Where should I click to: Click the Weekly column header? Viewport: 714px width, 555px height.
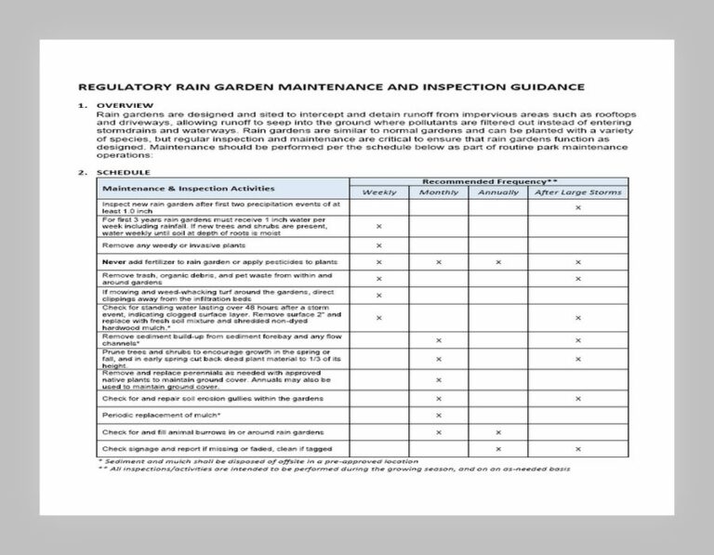(378, 192)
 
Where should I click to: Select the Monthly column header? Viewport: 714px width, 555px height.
(438, 192)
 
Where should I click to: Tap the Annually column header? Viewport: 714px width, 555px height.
(498, 192)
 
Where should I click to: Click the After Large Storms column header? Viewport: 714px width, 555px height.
(577, 192)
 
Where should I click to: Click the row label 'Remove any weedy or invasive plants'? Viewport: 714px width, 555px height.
(174, 245)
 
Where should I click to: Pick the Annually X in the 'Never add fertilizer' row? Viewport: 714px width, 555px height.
(498, 263)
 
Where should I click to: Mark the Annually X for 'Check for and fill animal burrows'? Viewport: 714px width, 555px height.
(498, 432)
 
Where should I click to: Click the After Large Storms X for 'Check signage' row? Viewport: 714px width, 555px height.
(577, 449)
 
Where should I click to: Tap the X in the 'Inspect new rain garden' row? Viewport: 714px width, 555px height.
(577, 207)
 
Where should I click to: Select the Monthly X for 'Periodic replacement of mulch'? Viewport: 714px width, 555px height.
(438, 415)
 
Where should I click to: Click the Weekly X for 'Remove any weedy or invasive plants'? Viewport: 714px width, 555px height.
(378, 245)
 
